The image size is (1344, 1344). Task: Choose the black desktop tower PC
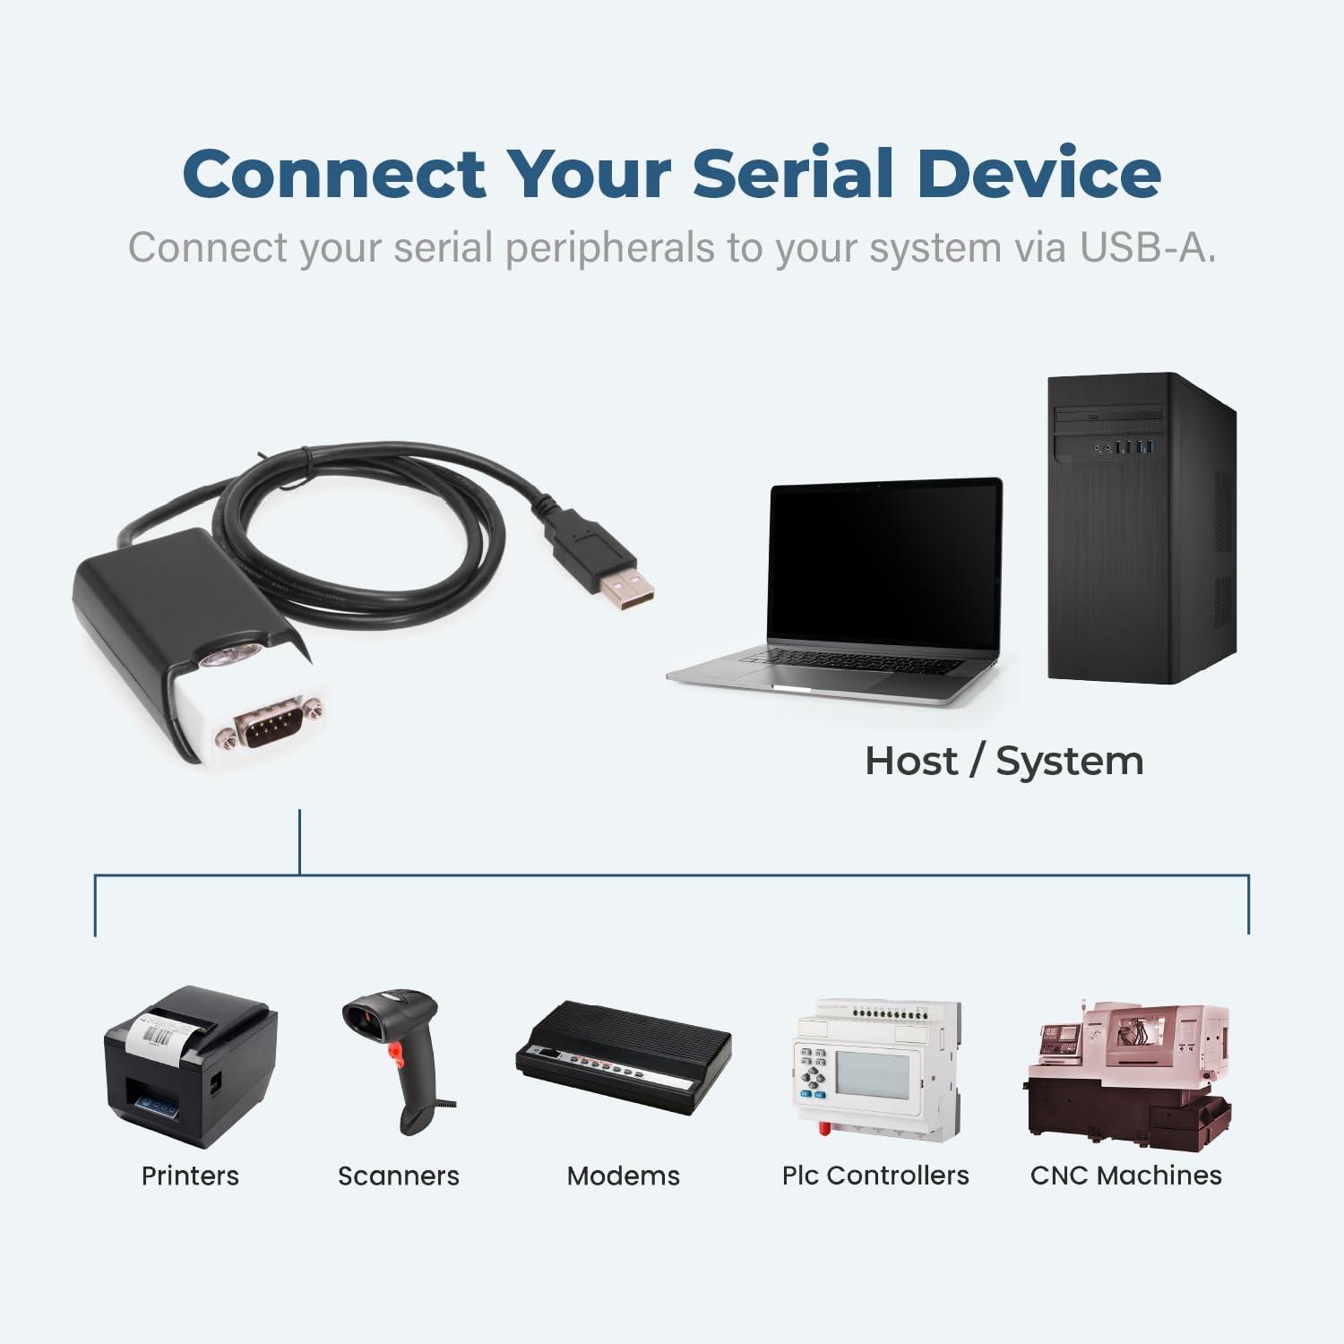click(x=1142, y=529)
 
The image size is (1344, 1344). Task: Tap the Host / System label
click(x=1004, y=762)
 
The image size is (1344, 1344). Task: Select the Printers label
click(x=190, y=1176)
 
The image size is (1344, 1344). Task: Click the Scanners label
click(x=398, y=1176)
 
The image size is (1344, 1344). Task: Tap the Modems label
click(x=624, y=1176)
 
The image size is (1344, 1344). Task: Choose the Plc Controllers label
click(x=875, y=1176)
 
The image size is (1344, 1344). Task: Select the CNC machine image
click(x=1127, y=1075)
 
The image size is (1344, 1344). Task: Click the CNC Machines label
click(x=1126, y=1176)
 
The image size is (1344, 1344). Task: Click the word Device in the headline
click(x=1038, y=173)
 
